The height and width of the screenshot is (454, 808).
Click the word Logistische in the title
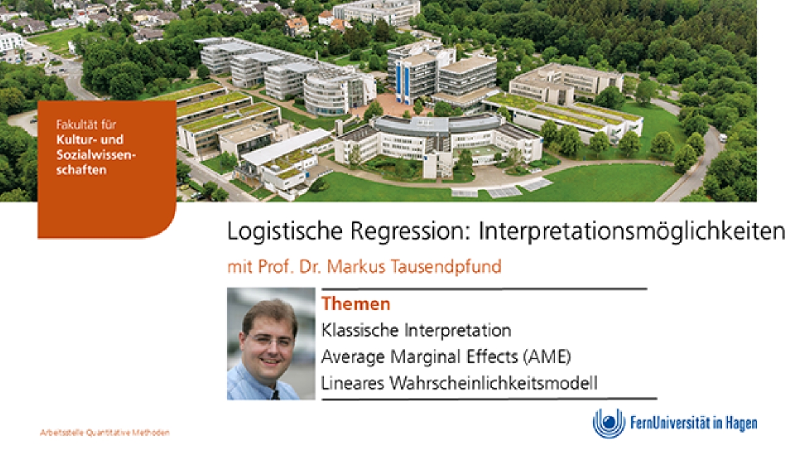(x=285, y=231)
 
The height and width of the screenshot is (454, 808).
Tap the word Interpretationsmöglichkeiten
(x=632, y=231)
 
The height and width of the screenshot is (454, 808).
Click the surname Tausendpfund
(x=446, y=267)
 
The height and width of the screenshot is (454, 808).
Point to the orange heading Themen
(x=355, y=304)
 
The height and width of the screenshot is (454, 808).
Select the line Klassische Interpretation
(x=416, y=330)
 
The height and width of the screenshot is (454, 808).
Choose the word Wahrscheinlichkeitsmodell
(x=494, y=383)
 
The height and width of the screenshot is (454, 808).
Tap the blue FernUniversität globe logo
(x=609, y=423)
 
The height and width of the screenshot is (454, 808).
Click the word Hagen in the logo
(x=742, y=424)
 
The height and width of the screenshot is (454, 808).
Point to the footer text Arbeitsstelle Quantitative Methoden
(x=105, y=433)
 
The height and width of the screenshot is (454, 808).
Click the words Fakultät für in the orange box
(x=86, y=125)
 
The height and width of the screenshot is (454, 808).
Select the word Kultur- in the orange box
(x=74, y=140)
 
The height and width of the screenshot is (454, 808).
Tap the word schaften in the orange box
(x=81, y=170)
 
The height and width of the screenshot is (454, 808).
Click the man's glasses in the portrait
(x=270, y=340)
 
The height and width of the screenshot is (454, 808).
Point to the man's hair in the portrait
(x=270, y=314)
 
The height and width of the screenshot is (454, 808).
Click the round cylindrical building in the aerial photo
(x=326, y=95)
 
